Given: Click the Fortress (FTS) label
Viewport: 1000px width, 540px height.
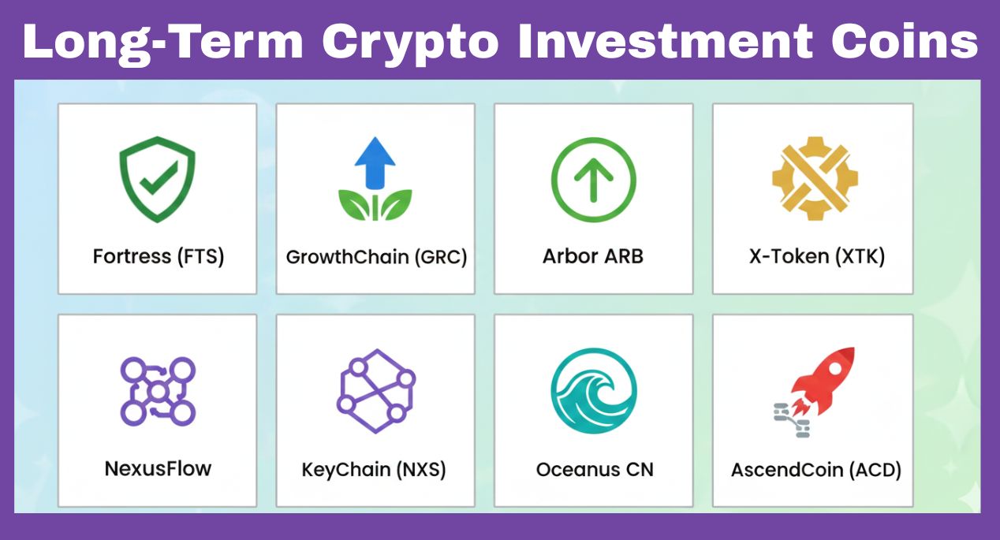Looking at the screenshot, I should pos(158,257).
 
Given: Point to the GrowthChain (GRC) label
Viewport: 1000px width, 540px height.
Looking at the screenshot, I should pos(376,257).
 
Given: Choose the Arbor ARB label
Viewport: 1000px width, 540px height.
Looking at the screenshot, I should pos(593,257).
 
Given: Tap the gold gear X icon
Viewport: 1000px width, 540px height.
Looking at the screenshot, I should pos(813,179).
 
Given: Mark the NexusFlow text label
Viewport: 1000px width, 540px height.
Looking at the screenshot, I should pos(158,469).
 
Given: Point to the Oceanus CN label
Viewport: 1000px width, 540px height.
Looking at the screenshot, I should pos(592,470).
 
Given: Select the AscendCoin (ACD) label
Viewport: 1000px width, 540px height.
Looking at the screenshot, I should pos(815,470).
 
